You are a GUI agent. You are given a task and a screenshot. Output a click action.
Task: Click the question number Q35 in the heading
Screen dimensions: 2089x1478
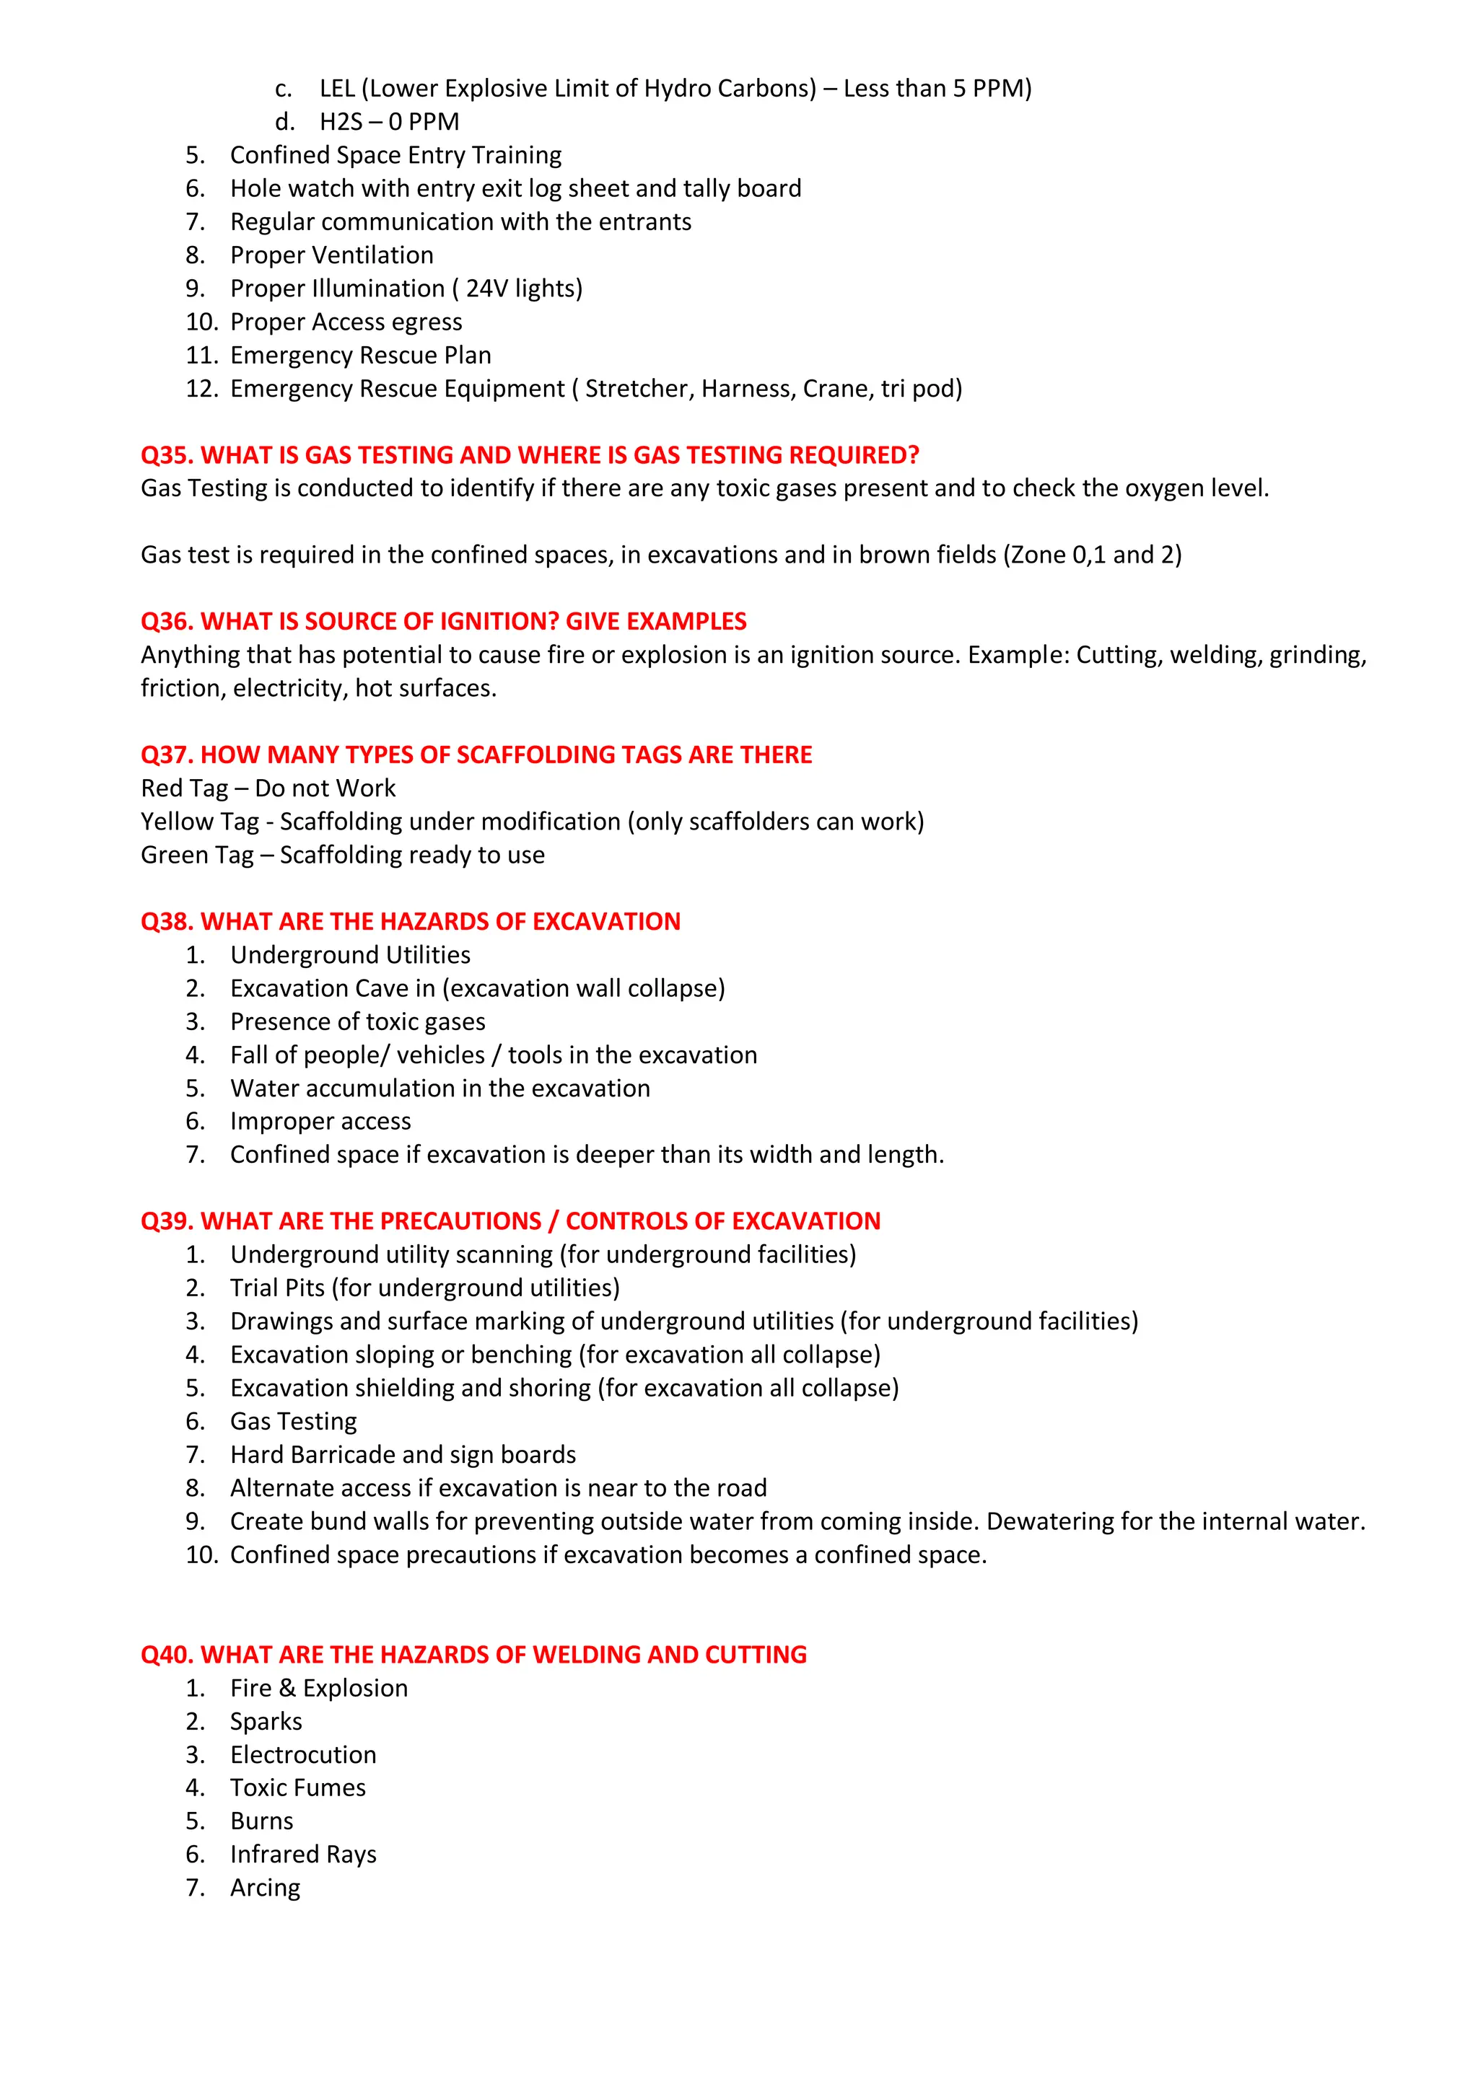click(167, 455)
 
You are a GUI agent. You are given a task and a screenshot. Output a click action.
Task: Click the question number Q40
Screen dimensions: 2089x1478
click(167, 1654)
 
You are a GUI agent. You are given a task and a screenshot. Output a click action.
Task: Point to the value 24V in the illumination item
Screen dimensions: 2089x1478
click(487, 289)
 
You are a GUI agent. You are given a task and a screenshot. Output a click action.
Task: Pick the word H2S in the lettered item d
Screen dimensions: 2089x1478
click(341, 122)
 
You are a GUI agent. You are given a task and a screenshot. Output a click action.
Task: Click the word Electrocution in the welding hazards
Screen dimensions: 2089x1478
click(303, 1754)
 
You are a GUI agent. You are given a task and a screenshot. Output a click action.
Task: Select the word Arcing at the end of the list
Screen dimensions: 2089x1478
click(265, 1888)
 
